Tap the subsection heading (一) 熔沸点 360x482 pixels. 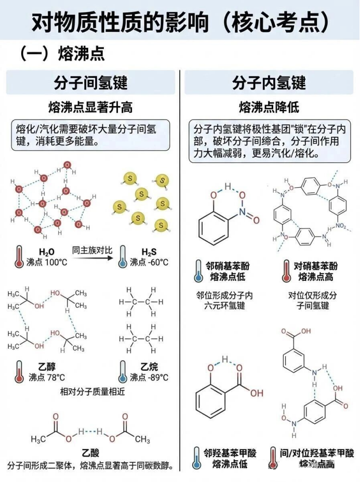point(62,54)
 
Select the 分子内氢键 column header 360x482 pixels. point(269,83)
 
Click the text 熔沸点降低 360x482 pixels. point(269,107)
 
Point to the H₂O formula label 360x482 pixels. point(47,252)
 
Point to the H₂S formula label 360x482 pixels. point(149,252)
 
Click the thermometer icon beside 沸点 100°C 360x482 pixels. point(19,257)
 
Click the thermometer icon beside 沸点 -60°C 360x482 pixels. point(123,257)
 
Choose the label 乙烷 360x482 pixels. point(149,367)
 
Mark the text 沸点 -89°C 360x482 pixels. point(149,377)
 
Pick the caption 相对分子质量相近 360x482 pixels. point(92,391)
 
